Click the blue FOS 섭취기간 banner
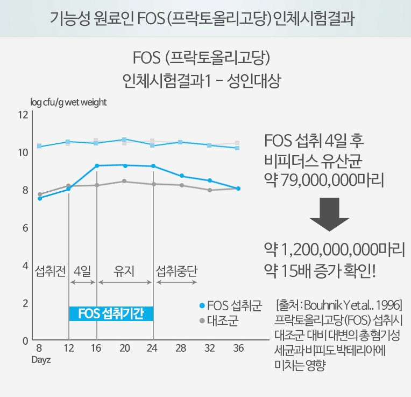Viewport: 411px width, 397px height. coord(111,314)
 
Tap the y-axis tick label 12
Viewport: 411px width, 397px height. coord(22,114)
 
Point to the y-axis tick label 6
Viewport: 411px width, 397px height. coord(24,228)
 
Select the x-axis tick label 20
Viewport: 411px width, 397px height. coord(125,349)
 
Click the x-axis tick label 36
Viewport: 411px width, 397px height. coord(238,349)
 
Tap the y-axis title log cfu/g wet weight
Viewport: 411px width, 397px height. coord(68,102)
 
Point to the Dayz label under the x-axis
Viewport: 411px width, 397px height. coord(40,359)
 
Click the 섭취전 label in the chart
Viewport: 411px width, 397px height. coord(49,270)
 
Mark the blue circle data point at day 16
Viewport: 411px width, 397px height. coord(97,166)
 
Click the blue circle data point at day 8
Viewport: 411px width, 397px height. coord(40,198)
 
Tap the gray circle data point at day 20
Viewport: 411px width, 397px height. coord(125,181)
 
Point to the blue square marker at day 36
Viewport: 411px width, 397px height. coord(238,148)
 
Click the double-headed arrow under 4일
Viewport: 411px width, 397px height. coord(83,282)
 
